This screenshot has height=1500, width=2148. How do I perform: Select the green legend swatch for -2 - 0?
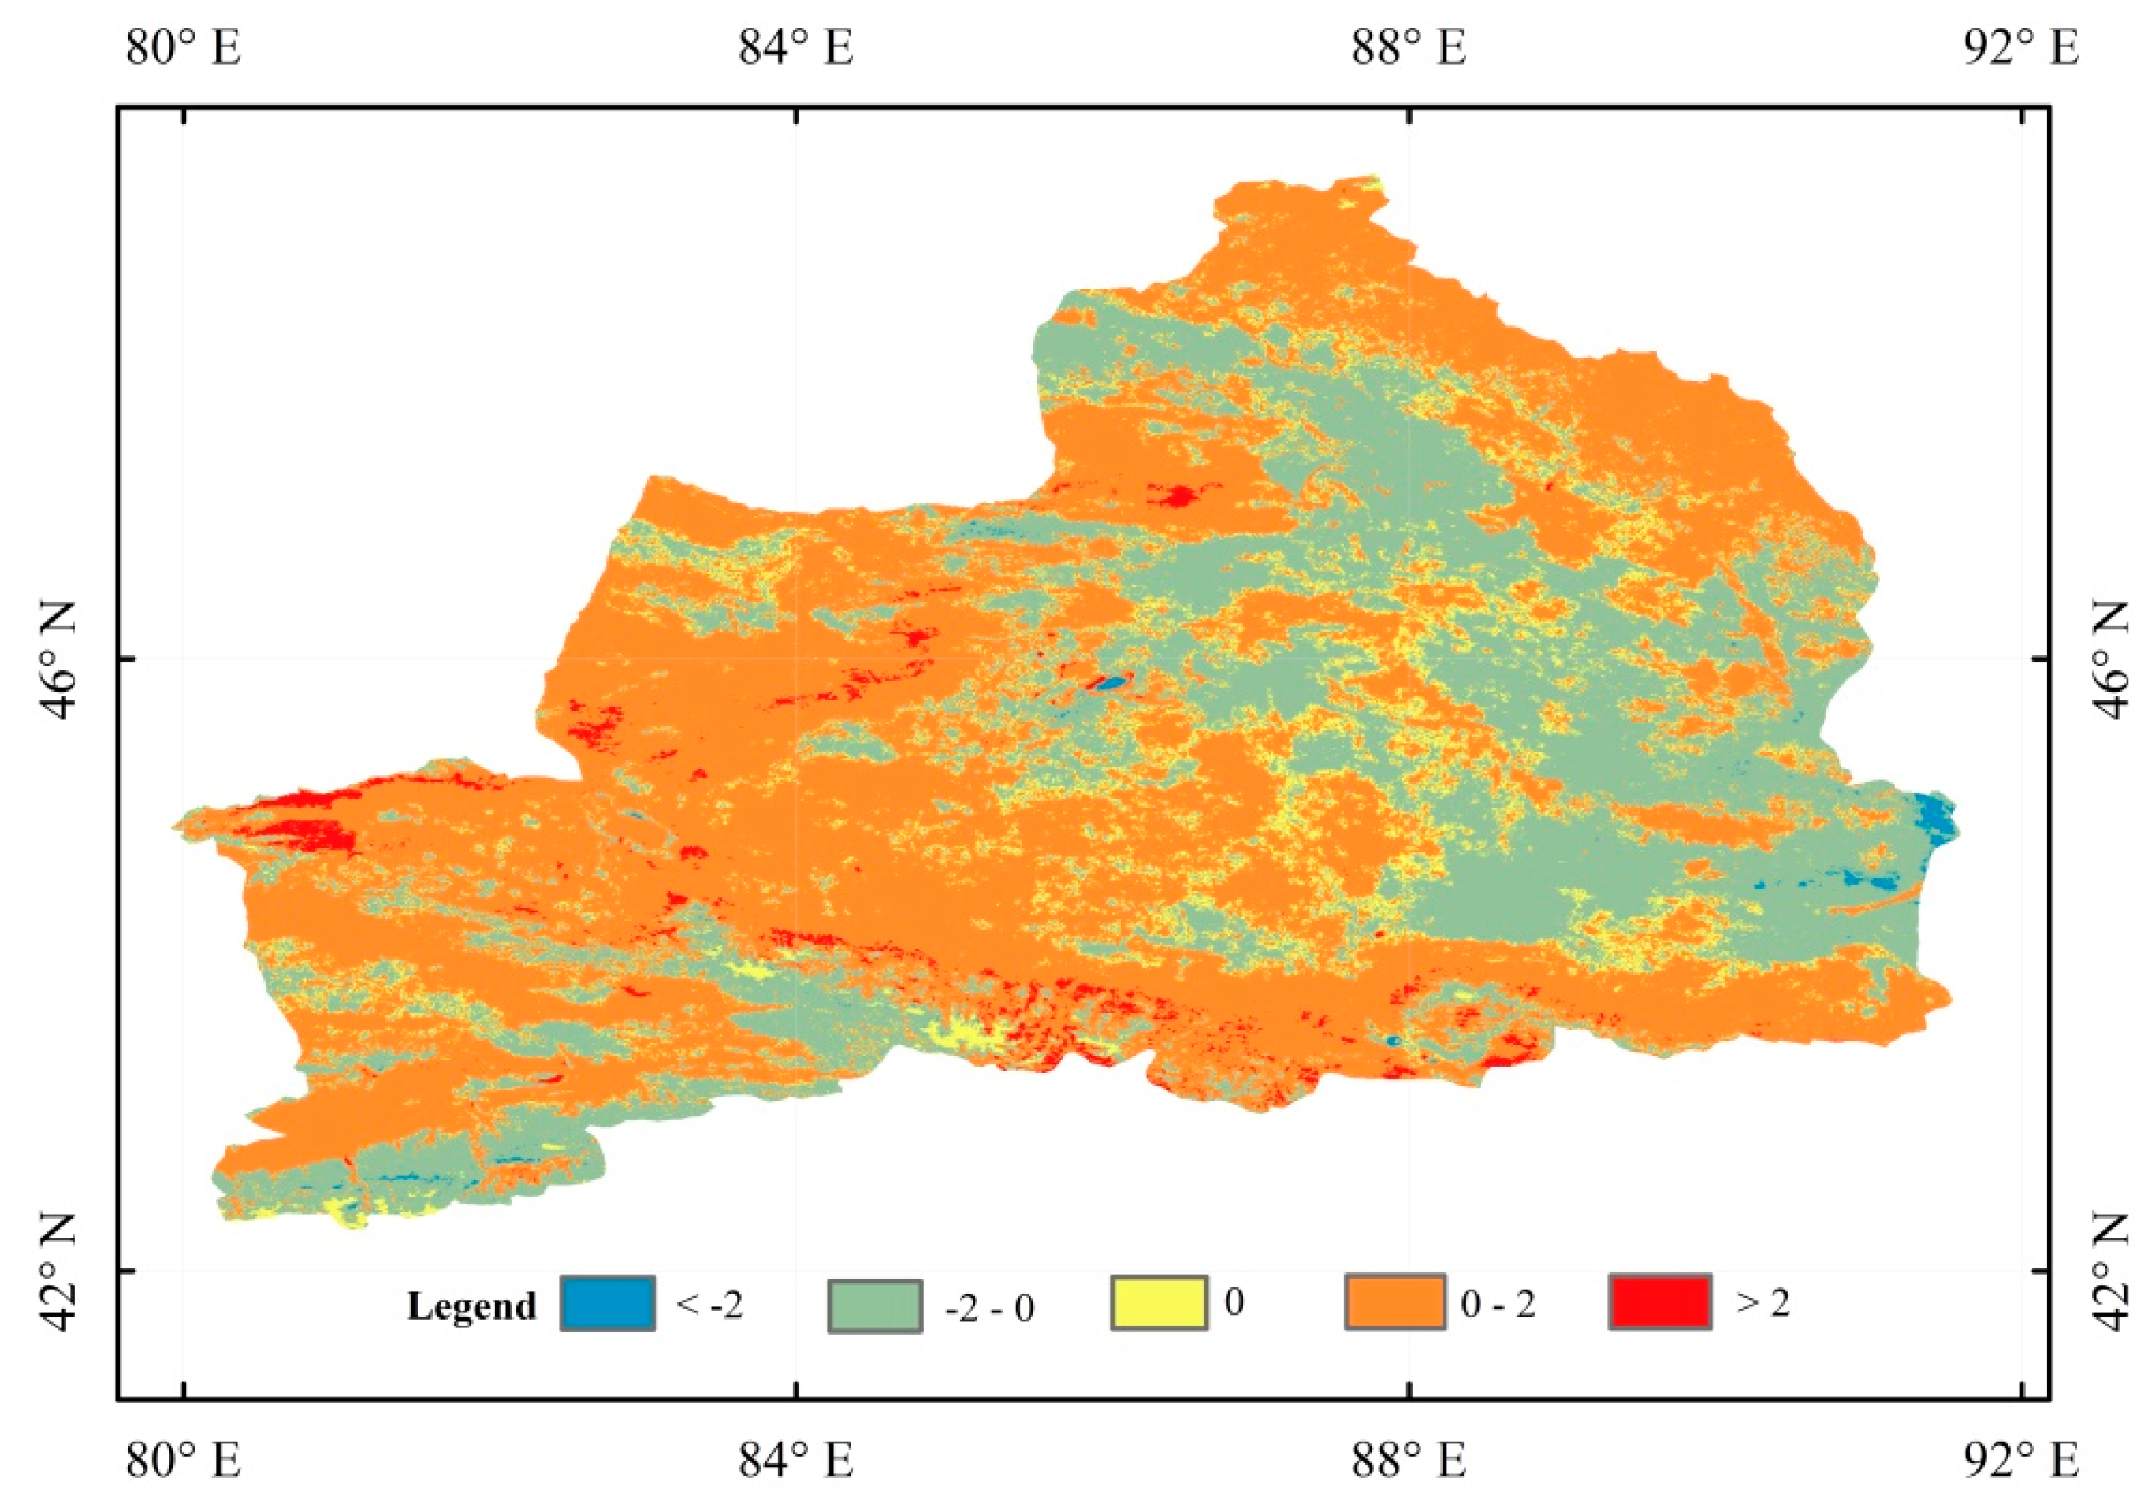tap(876, 1305)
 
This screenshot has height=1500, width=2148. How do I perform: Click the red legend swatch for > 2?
tap(1659, 1301)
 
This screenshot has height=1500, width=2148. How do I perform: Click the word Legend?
tap(471, 1305)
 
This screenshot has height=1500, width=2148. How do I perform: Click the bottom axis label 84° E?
tap(796, 1460)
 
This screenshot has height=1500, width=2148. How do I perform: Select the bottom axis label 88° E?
tap(1408, 1460)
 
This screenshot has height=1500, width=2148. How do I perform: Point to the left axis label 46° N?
tap(56, 659)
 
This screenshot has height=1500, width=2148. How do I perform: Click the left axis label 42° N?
tap(56, 1271)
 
